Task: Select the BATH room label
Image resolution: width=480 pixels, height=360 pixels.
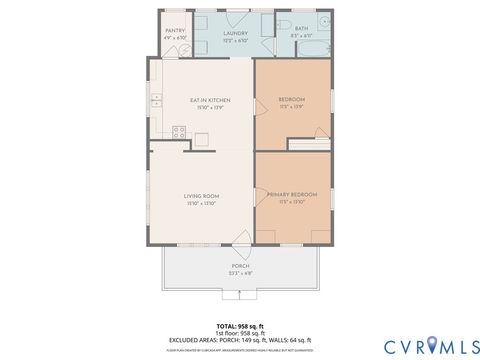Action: [301, 29]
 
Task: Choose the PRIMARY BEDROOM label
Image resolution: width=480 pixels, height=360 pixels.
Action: [292, 193]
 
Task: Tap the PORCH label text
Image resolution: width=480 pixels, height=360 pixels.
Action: [240, 266]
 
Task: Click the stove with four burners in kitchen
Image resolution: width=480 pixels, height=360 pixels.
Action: [179, 131]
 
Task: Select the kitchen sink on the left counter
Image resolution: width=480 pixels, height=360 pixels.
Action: [156, 100]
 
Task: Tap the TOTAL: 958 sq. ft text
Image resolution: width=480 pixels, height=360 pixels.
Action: [240, 326]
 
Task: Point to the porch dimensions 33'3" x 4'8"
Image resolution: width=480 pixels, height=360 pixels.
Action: [240, 273]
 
